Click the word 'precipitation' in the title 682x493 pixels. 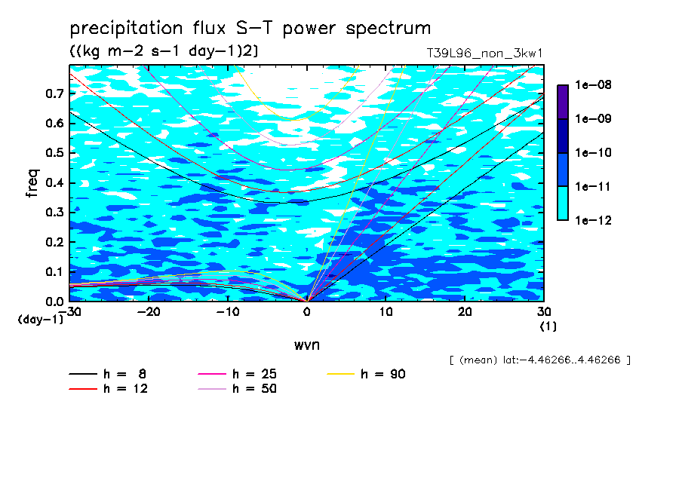tap(126, 29)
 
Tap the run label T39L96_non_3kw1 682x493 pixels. tap(484, 54)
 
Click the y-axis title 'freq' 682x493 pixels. tap(32, 183)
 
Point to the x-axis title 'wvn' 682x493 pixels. tap(307, 345)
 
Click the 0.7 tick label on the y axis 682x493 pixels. tap(54, 93)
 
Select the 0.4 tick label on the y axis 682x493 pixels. tap(54, 182)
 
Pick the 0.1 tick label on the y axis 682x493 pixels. tap(54, 271)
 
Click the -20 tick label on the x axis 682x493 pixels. tap(149, 312)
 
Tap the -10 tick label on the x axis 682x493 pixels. tap(228, 312)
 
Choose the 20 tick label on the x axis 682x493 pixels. tap(465, 312)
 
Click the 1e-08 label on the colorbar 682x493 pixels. tap(593, 84)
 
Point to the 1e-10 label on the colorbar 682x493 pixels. tap(593, 152)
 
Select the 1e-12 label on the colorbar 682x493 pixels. tap(593, 220)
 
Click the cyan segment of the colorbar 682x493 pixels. tap(563, 204)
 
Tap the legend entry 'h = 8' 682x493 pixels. tap(107, 374)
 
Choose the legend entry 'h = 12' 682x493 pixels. tap(109, 389)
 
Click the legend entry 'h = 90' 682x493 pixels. tap(366, 374)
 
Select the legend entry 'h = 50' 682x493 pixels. tap(238, 389)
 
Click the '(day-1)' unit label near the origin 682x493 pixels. tap(41, 320)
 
